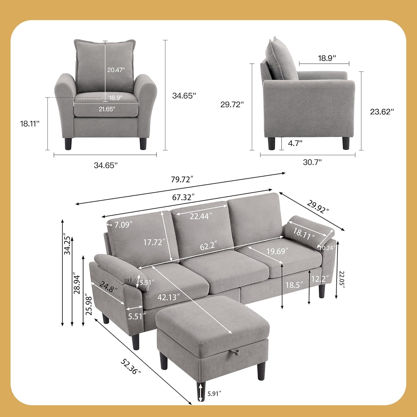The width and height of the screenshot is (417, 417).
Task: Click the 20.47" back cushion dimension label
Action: point(116,70)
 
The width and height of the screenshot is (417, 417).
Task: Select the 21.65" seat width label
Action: point(107,109)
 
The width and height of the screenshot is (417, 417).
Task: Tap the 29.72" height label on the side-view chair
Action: point(232,105)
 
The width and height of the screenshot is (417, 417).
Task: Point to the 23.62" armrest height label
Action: point(382,112)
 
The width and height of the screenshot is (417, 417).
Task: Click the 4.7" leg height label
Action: point(295,143)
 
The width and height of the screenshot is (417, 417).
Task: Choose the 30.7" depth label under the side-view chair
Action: point(312,162)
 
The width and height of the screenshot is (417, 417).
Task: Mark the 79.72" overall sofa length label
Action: point(182,179)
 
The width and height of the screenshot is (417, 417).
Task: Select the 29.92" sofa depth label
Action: point(318,207)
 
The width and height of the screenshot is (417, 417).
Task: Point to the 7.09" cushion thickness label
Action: point(123,224)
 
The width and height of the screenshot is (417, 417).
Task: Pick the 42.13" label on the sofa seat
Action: point(167,297)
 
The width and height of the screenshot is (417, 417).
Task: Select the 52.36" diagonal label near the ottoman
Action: point(131,366)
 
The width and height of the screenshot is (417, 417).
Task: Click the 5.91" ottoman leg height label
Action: point(214,393)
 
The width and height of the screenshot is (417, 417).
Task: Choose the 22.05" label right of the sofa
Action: point(342,280)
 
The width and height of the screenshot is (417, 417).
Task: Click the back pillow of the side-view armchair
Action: point(279,58)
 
